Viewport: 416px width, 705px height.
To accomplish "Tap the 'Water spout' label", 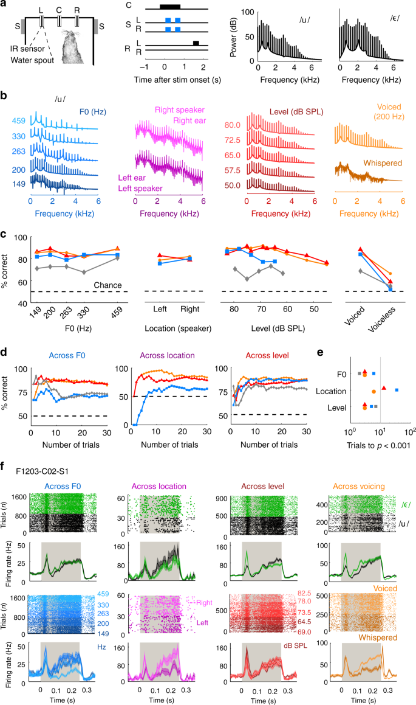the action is click(32, 60).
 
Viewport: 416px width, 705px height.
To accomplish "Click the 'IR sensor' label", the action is click(27, 49).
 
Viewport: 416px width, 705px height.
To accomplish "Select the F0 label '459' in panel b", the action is click(19, 121).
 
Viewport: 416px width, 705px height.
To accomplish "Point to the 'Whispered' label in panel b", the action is click(383, 163).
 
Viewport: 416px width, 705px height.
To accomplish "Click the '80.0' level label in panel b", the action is click(233, 125).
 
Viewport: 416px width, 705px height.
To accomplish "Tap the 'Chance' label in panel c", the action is click(107, 285).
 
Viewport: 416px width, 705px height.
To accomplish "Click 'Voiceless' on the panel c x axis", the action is click(382, 319).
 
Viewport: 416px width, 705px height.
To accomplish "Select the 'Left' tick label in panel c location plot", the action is click(160, 309).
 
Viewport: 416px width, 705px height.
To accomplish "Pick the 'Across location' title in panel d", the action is click(168, 355).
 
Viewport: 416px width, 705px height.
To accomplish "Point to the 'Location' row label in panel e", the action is click(331, 391).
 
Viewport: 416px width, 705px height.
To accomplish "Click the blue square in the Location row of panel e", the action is click(397, 390).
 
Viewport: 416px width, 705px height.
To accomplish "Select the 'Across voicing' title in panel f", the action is click(358, 486).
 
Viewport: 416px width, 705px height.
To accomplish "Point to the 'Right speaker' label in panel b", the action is click(180, 109).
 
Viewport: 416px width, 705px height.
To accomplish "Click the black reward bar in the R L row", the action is click(196, 43).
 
